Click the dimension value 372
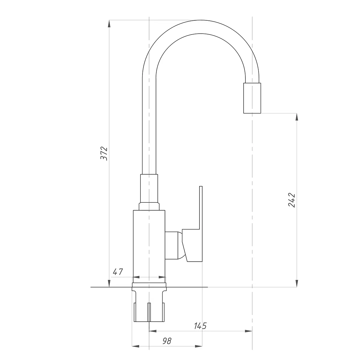click(104, 154)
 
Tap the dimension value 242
click(292, 200)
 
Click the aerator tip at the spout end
click(252, 98)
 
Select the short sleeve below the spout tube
click(149, 188)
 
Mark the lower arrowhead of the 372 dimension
click(109, 283)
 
